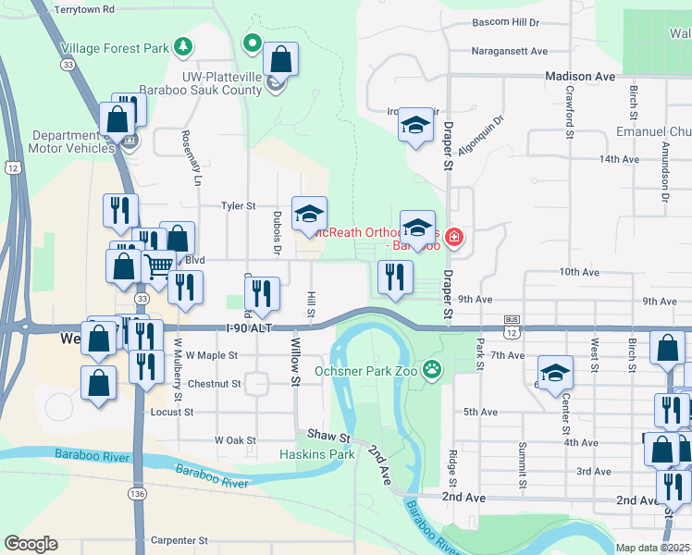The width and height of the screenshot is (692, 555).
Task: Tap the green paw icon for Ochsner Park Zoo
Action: pyautogui.click(x=432, y=371)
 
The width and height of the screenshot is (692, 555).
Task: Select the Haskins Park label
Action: pyautogui.click(x=317, y=454)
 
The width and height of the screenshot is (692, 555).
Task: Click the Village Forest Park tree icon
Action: pyautogui.click(x=184, y=47)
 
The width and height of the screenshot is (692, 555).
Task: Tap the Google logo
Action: pyautogui.click(x=31, y=544)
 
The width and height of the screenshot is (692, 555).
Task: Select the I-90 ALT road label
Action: pyautogui.click(x=250, y=328)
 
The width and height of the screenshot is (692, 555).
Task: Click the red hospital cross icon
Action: pyautogui.click(x=453, y=238)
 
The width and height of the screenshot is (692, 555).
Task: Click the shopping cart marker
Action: pyautogui.click(x=159, y=266)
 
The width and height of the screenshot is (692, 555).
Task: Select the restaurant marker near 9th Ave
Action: pyautogui.click(x=395, y=277)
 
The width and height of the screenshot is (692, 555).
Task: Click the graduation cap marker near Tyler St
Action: pyautogui.click(x=309, y=215)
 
